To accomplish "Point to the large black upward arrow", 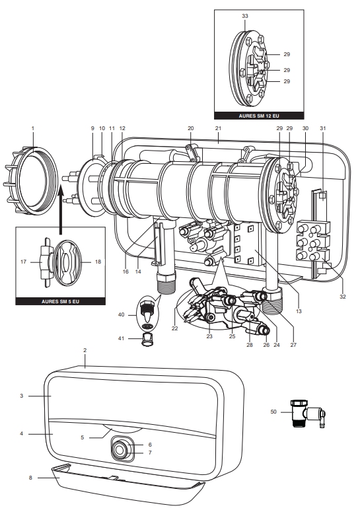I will pos(60,204).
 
